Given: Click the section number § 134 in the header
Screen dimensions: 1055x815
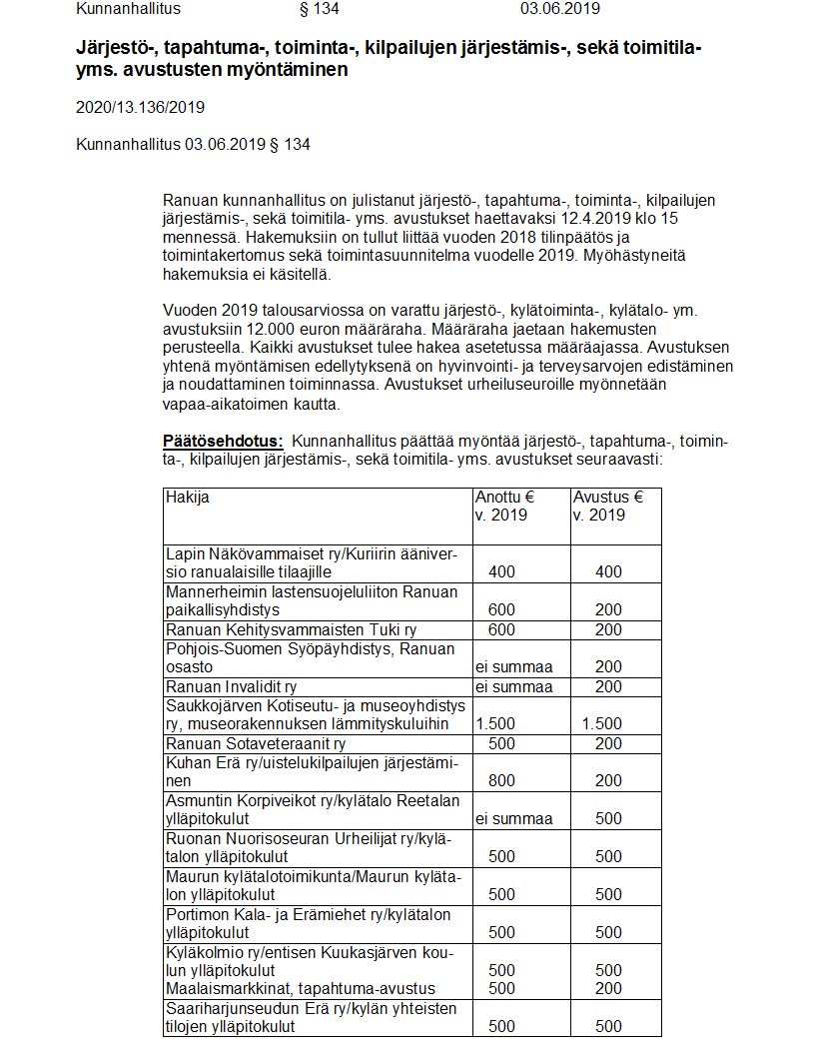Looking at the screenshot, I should [320, 9].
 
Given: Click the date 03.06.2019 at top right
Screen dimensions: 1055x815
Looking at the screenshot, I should [559, 9].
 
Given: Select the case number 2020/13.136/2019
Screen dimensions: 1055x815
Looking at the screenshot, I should [140, 107].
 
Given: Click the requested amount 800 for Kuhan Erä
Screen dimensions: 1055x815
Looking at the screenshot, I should [502, 781].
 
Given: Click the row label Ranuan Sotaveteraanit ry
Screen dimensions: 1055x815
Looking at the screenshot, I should [255, 743].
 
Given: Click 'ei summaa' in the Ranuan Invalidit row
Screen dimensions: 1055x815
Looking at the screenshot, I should [513, 686].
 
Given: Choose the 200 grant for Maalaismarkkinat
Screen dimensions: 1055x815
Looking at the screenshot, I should [608, 988].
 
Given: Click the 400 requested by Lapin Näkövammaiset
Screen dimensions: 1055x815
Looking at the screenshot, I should [502, 571].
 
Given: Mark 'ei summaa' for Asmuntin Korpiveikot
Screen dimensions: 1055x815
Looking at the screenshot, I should [513, 819].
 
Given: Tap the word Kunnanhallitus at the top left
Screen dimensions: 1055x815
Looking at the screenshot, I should [128, 9].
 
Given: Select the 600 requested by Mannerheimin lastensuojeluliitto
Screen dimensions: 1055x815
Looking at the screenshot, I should [502, 609].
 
